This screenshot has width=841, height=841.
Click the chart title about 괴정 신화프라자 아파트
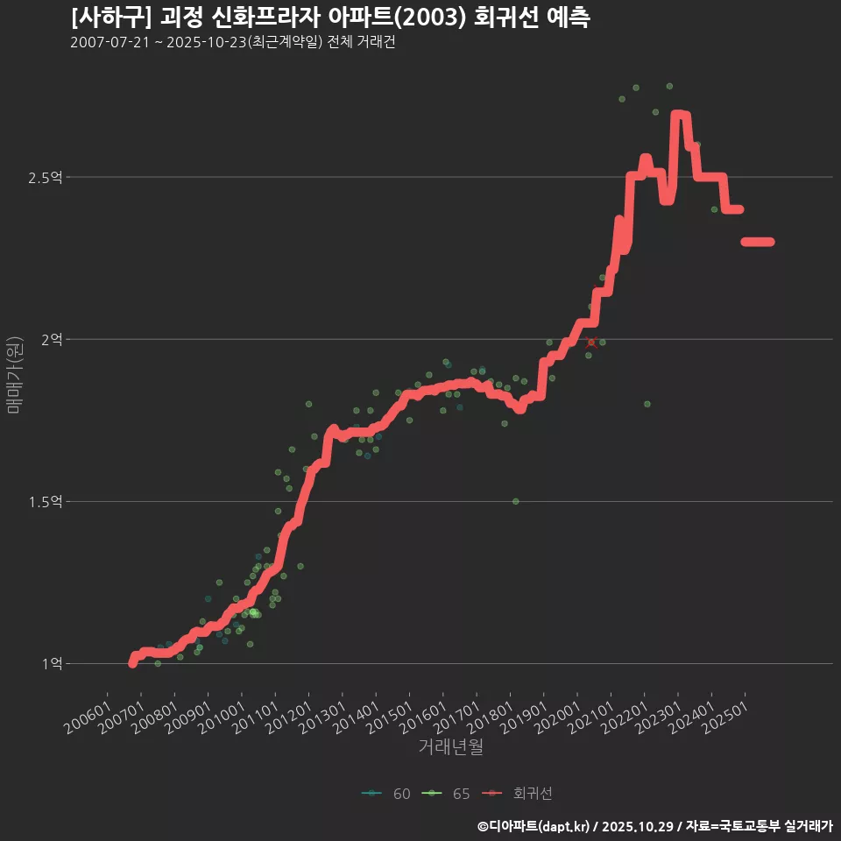(x=330, y=18)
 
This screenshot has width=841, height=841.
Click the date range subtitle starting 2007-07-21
(x=233, y=43)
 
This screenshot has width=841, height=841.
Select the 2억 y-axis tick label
(x=51, y=340)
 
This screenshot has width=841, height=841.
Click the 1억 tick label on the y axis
(x=51, y=664)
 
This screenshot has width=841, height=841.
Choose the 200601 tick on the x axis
(x=86, y=710)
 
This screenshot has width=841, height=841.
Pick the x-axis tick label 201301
(x=320, y=710)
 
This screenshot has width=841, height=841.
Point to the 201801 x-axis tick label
(x=487, y=710)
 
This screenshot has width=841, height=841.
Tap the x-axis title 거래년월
(x=451, y=746)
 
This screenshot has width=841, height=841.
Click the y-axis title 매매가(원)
(x=14, y=374)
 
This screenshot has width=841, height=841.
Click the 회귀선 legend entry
(x=520, y=794)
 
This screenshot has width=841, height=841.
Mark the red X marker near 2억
(x=592, y=342)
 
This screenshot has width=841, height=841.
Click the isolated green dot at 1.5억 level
(x=516, y=501)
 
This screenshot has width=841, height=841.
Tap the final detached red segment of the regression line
(x=758, y=242)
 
